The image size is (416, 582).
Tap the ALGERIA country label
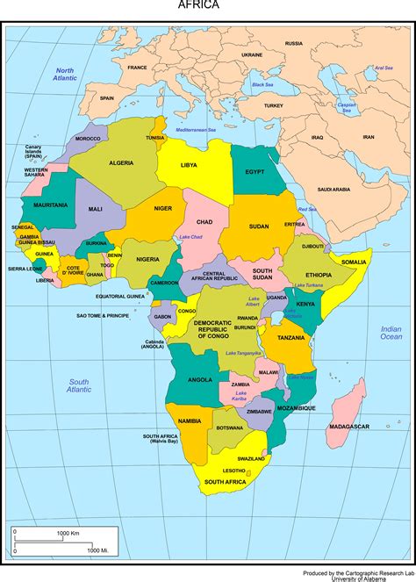coord(121,163)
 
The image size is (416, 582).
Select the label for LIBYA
coord(189,164)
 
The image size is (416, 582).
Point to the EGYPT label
coord(255,171)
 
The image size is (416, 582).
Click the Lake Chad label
coord(190,237)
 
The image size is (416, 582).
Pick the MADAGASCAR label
coord(348,426)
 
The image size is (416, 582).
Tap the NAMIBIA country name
coord(189,421)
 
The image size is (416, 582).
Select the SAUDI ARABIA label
coord(334,189)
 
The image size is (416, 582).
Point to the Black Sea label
coord(262,84)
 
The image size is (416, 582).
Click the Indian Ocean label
coord(391,332)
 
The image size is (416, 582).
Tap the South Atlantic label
coord(80,384)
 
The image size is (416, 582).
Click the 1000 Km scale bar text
coord(68,533)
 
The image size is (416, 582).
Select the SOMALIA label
coord(354,262)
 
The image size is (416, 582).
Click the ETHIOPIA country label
coord(319,275)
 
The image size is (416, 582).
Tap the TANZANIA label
coord(290,337)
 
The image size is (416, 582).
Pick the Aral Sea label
coord(384,68)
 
